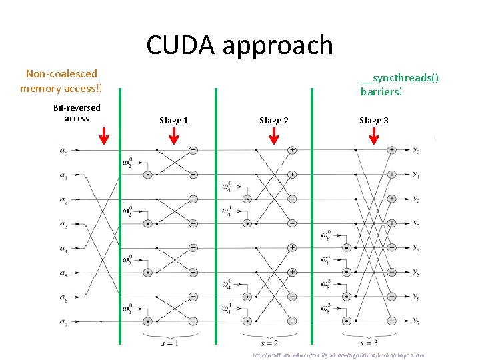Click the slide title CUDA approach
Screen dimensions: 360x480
(x=239, y=45)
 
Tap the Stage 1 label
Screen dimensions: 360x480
(x=173, y=120)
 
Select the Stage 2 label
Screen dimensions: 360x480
(x=273, y=120)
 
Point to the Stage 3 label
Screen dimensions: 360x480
(x=373, y=120)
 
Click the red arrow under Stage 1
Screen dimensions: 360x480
(x=173, y=136)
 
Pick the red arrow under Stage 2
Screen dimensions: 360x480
(x=273, y=136)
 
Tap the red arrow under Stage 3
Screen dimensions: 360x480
(x=373, y=136)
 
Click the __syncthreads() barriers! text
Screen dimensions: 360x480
(x=399, y=84)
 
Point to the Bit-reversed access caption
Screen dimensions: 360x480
(x=77, y=113)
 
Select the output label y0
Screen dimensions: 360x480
(x=415, y=151)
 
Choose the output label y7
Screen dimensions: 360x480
(x=415, y=321)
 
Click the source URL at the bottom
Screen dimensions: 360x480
(x=338, y=355)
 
